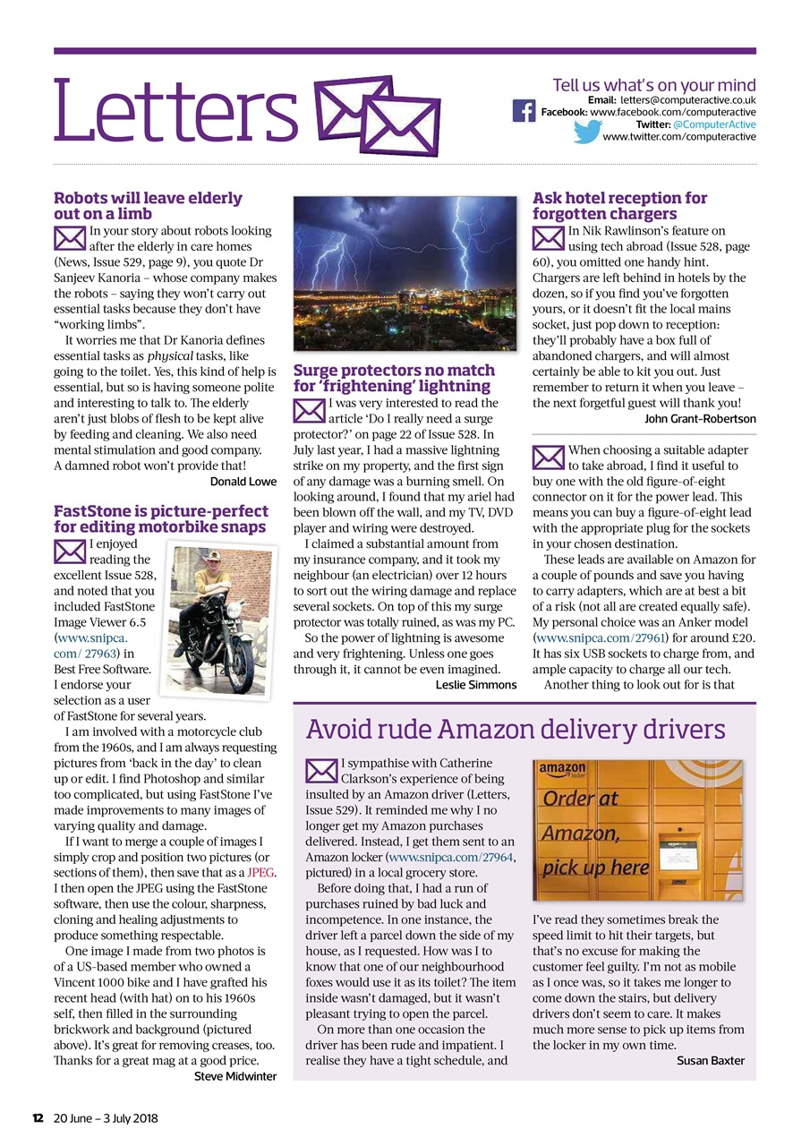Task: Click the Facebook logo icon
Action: point(524,111)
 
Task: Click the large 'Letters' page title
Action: point(175,114)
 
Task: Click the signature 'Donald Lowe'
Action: point(243,482)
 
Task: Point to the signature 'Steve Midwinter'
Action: point(235,1076)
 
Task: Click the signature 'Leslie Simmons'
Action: point(476,685)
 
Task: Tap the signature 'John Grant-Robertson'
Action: point(700,418)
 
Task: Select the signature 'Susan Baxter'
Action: point(711,1061)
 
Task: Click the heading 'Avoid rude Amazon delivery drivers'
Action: point(516,730)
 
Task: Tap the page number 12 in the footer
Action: point(38,1118)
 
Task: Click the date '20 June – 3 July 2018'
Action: point(106,1118)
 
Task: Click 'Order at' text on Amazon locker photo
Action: point(581,799)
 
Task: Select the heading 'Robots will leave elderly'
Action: point(148,198)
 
